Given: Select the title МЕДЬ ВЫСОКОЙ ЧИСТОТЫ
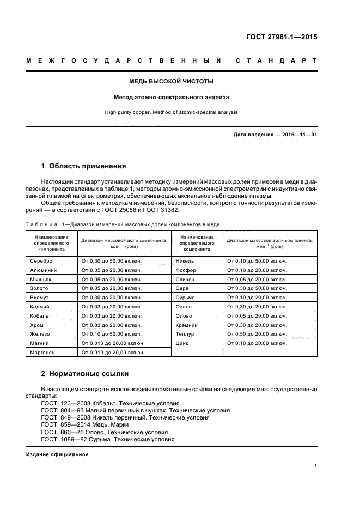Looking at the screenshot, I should [x=171, y=81].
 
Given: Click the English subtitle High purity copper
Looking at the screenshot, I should [x=171, y=113].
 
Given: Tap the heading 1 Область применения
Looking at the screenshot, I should [x=84, y=166].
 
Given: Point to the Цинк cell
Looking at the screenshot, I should [x=182, y=343].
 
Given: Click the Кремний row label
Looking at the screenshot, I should [x=187, y=325].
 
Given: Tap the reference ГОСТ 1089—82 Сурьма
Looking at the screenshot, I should [x=108, y=439].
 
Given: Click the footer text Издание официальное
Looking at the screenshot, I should [x=57, y=454].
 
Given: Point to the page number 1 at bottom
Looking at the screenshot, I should [x=316, y=466].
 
